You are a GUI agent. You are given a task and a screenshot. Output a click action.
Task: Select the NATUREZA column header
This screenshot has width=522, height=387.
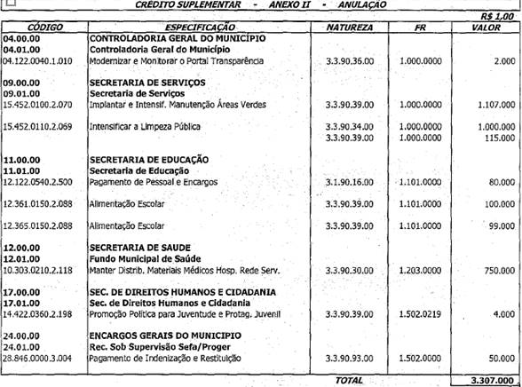pyautogui.click(x=349, y=28)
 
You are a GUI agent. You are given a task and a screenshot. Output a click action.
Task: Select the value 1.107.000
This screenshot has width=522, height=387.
pyautogui.click(x=494, y=105)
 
